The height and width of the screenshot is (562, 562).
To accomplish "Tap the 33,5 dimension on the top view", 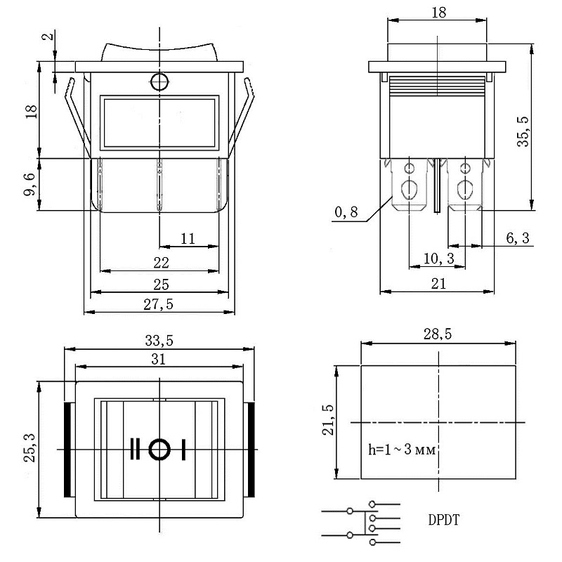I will tap(159, 341).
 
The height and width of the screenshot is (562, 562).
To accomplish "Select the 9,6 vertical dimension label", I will tap(30, 185).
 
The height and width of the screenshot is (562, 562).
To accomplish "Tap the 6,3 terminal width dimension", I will tap(517, 239).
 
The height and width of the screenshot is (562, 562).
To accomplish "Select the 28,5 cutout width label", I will tap(438, 336).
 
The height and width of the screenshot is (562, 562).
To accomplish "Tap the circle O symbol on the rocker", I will tap(159, 448).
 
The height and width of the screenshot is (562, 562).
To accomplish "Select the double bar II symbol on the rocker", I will tap(134, 448).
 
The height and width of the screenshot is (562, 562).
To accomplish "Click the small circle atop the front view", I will tap(159, 82).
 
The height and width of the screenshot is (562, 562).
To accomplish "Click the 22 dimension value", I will tap(161, 263).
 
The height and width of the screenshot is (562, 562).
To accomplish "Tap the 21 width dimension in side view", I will tap(438, 284).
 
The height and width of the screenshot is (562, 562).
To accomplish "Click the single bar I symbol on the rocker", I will tap(184, 448).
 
